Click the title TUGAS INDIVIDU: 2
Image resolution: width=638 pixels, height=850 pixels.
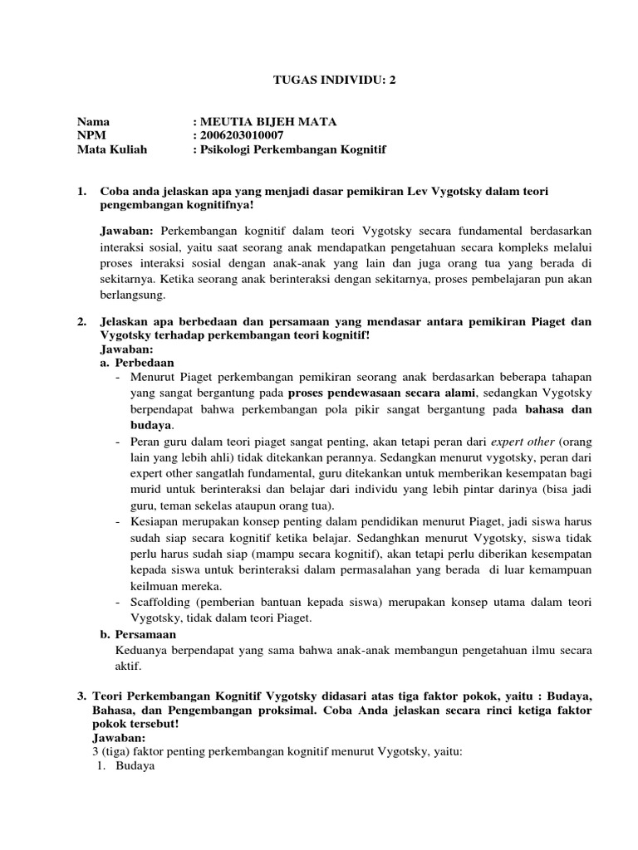(319, 81)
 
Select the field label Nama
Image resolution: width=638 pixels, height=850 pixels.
(93, 121)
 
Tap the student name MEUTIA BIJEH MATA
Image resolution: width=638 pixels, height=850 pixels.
(267, 121)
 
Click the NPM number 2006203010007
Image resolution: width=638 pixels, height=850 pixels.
(241, 135)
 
